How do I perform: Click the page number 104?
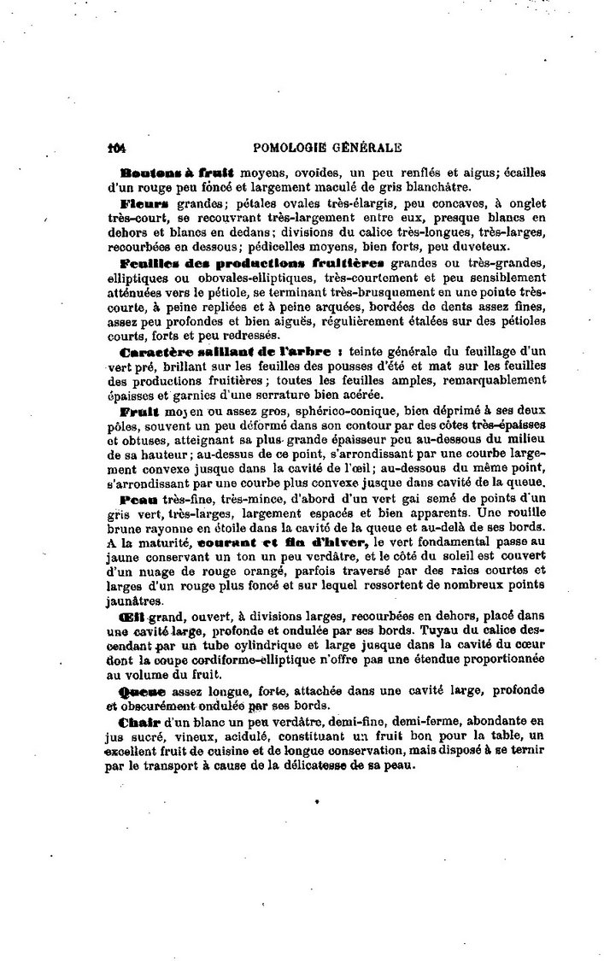coord(116,147)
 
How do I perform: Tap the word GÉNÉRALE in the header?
coord(371,147)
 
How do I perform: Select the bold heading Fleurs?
coord(146,206)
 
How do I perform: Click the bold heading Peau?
coord(140,498)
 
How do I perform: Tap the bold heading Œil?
coord(138,618)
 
